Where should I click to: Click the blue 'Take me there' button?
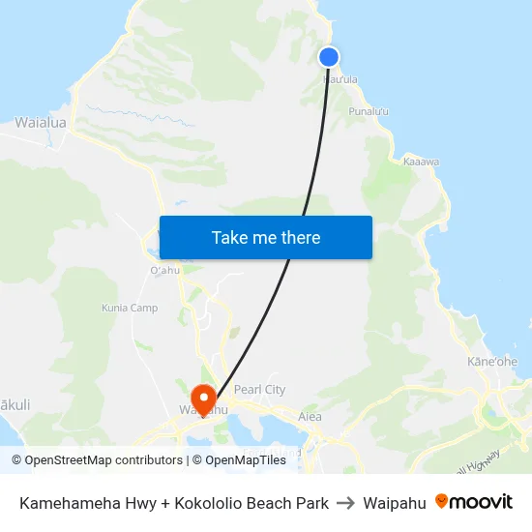(266, 237)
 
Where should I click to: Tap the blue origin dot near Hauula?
(329, 57)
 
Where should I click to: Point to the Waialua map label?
(41, 123)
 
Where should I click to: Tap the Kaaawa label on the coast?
(422, 162)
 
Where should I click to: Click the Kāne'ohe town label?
(492, 362)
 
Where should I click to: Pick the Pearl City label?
(259, 390)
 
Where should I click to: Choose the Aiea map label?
(310, 417)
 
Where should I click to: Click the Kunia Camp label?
(130, 309)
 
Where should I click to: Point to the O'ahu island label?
(165, 270)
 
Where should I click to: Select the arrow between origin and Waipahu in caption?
(345, 503)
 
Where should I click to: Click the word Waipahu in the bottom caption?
(394, 503)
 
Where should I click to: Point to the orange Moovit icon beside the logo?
(442, 501)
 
